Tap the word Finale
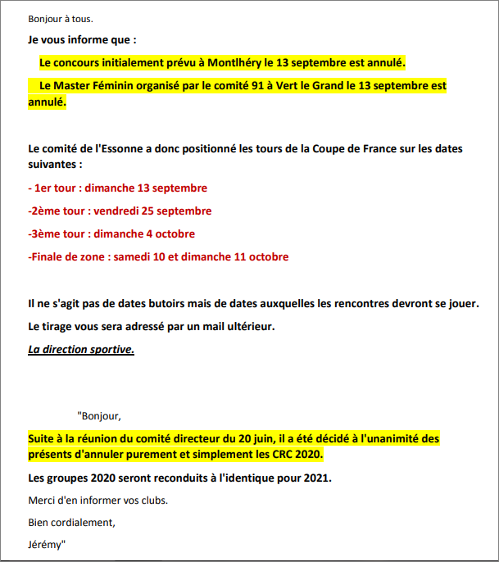click(x=48, y=256)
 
